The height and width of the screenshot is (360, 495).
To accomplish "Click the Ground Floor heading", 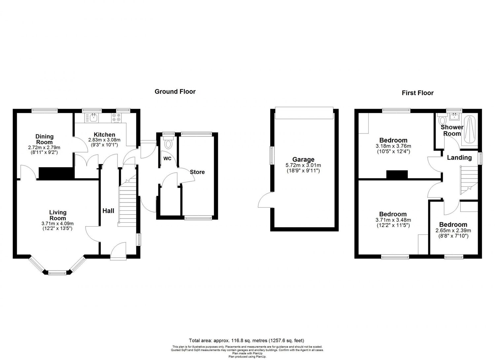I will point(175,91).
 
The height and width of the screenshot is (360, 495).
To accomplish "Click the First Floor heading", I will point(417,93).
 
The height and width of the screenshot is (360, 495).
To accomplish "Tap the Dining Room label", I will point(45,139).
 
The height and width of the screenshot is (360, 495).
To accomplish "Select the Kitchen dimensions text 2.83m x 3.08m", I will point(104,140).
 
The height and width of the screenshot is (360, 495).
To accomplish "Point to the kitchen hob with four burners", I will point(116,118).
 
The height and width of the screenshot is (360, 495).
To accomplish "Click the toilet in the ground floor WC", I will point(169,144).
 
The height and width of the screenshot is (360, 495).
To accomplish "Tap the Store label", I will point(197,172).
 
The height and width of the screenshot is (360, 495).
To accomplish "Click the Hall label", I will point(108,211).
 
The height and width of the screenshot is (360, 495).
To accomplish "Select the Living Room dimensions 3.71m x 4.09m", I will point(58,223).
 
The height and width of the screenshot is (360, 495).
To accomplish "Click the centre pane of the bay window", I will point(58,272).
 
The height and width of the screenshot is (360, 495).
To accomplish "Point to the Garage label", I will point(303,160).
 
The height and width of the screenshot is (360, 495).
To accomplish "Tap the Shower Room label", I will point(452,130).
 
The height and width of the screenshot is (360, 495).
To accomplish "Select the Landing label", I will point(459,158).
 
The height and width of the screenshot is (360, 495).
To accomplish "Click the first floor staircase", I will point(468,180).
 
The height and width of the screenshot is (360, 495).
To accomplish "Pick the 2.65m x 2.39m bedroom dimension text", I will point(453,231).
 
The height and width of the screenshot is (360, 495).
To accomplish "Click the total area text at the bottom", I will point(246,340).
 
